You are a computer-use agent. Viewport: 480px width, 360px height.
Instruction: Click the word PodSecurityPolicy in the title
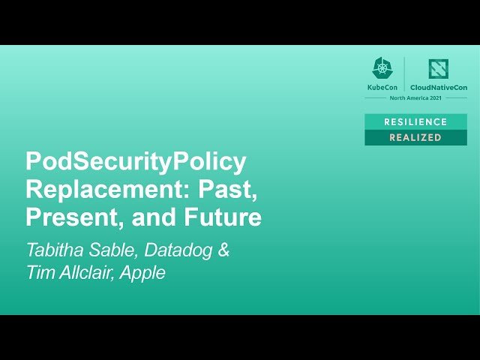(x=136, y=162)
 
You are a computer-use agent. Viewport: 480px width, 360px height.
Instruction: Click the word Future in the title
(x=223, y=217)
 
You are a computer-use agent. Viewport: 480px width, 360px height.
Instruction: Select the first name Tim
(x=40, y=273)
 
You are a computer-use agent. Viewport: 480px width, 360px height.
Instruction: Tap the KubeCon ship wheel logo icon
(x=382, y=68)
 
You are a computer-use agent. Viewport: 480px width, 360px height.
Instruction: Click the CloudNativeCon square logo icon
(x=438, y=69)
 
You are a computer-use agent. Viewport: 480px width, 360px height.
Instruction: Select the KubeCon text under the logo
(x=382, y=88)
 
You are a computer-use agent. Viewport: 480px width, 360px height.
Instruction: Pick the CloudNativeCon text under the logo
(x=438, y=88)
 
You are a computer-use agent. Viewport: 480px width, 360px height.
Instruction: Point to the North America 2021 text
(x=415, y=98)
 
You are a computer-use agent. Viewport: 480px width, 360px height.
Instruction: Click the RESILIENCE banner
(x=415, y=121)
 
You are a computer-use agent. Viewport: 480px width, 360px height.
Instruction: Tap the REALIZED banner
(x=415, y=138)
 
